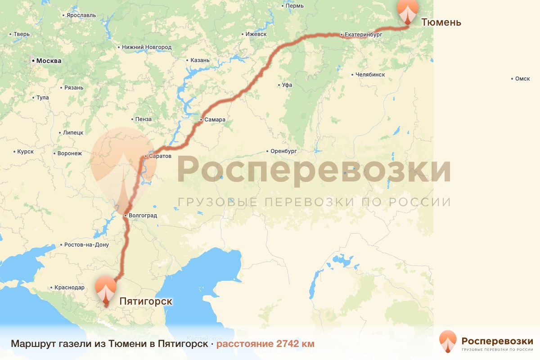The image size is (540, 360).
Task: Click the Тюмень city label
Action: pos(441,22)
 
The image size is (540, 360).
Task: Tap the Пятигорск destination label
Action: pos(146,301)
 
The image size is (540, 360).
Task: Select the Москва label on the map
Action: pos(49,61)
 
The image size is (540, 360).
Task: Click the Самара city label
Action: pos(215,120)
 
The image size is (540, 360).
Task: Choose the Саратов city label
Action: pos(160,156)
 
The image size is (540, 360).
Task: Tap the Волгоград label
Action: pos(143,215)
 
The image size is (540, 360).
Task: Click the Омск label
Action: pos(522,79)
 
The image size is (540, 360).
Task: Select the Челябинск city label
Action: pos(370,74)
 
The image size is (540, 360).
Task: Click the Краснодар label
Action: pos(69,287)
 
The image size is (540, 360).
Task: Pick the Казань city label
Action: pos(200,60)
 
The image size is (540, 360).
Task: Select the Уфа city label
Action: pos(288,85)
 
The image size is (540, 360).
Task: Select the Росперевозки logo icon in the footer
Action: pos(448,342)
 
